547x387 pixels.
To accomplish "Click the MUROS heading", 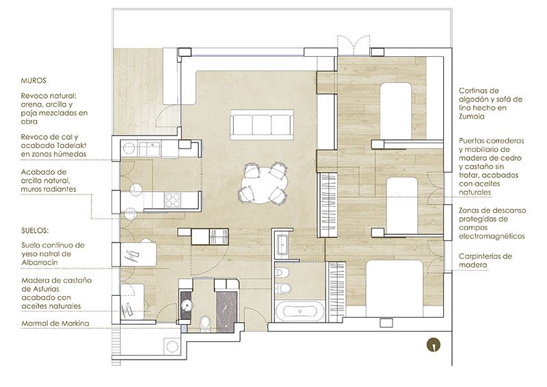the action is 34,81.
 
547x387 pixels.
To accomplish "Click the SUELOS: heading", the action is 35,231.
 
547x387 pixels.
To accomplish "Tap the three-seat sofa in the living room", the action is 262,125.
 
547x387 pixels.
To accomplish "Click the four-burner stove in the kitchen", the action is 173,200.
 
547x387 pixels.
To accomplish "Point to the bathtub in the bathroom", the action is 299,312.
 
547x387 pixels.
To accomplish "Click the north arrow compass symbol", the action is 433,345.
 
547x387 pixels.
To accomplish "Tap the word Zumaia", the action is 472,116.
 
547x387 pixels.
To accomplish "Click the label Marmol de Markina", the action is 55,323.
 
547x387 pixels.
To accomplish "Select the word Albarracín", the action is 40,262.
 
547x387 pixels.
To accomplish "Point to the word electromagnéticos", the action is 492,236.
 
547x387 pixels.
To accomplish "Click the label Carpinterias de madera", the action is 485,260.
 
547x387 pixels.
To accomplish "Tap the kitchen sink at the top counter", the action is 150,149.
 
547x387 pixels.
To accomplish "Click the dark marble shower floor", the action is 227,312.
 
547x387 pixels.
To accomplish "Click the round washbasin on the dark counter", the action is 187,305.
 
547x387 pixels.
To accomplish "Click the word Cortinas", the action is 474,90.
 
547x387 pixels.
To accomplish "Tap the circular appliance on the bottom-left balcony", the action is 172,347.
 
